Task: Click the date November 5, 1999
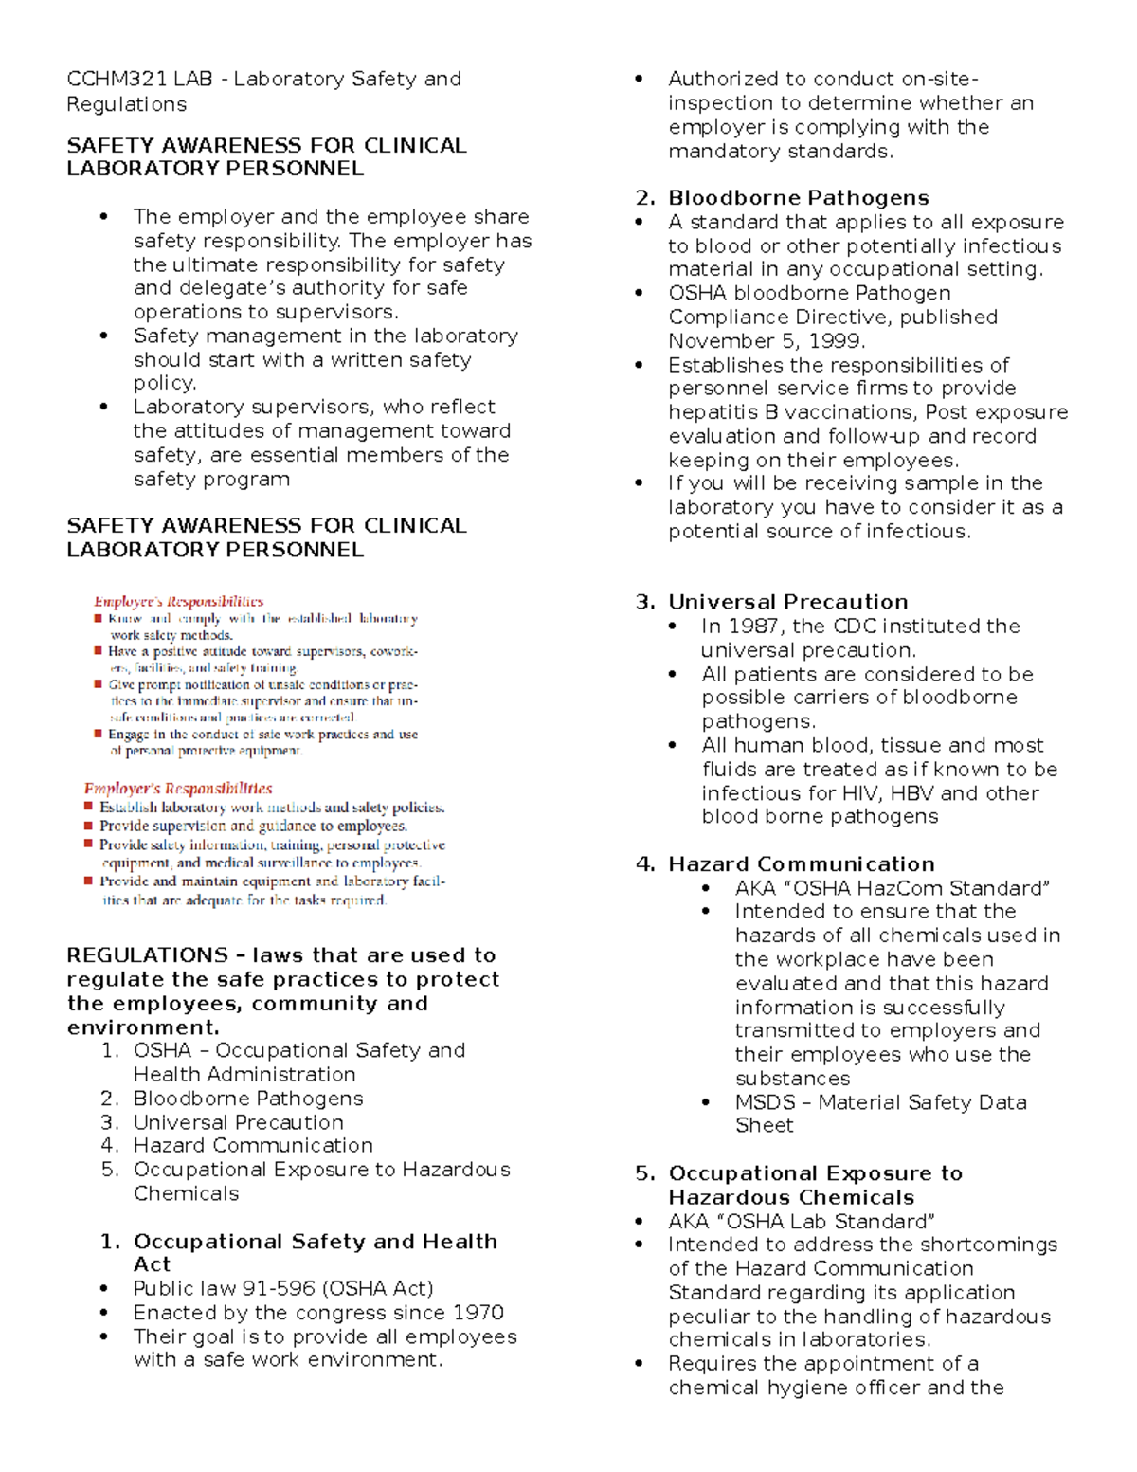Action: coord(767,341)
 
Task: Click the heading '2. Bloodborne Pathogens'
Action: coord(783,198)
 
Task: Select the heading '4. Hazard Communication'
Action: coord(785,864)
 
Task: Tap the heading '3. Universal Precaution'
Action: coord(772,602)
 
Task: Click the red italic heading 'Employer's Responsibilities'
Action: coord(178,789)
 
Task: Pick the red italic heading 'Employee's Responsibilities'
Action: coord(178,601)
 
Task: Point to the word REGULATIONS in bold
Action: coord(147,955)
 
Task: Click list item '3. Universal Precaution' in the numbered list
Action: coord(238,1122)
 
